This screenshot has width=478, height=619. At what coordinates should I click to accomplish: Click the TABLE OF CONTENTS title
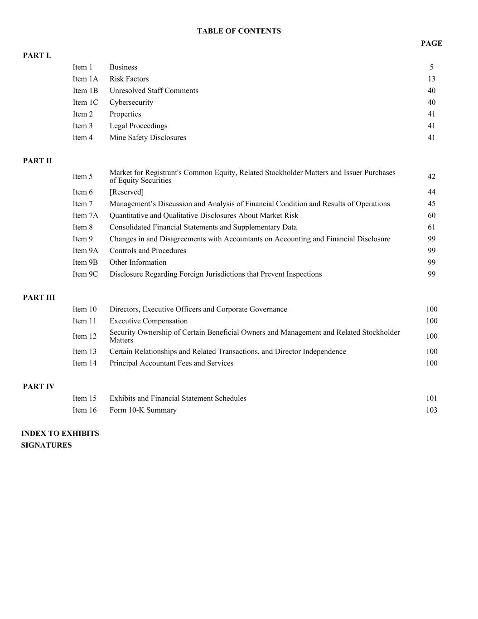tap(239, 31)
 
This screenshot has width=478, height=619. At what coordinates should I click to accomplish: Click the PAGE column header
tap(431, 43)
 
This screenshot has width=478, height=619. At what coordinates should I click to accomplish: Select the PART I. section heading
tap(37, 55)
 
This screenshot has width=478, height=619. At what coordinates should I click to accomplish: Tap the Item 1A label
tap(85, 79)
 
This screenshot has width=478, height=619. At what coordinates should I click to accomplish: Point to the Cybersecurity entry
tap(131, 102)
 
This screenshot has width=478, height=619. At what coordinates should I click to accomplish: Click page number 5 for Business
tap(432, 67)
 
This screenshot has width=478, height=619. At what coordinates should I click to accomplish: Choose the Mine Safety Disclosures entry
tap(148, 137)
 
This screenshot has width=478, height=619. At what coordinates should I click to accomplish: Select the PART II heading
tap(38, 161)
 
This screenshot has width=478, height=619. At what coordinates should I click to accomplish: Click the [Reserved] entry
tap(126, 192)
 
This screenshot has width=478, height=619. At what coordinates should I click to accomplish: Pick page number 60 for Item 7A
tap(431, 215)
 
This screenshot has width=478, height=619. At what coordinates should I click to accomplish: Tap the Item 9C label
tap(85, 274)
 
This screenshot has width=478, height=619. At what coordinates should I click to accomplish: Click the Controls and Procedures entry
tap(148, 250)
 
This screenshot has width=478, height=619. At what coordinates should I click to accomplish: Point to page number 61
tap(431, 227)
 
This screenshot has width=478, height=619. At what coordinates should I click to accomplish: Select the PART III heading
tap(39, 297)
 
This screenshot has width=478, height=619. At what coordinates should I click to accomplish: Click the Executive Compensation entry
tap(149, 321)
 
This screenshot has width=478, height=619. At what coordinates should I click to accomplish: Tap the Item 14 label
tap(85, 363)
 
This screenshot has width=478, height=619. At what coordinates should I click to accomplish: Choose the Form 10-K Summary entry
tap(143, 410)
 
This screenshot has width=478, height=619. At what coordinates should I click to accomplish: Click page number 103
tap(431, 410)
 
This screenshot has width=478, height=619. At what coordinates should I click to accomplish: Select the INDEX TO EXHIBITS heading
tap(60, 434)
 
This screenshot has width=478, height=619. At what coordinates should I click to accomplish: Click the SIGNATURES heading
tap(46, 445)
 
